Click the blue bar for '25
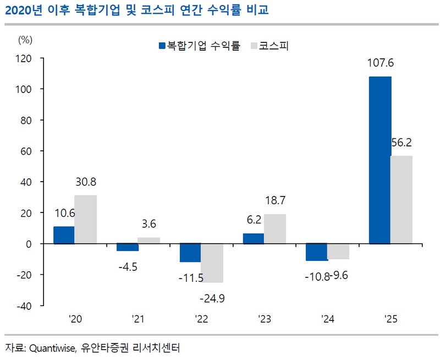point(380,160)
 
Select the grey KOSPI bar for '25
point(402,199)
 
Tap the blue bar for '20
point(64,234)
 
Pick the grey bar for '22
point(212,263)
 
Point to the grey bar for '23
point(275,228)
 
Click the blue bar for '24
point(317,252)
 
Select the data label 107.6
point(380,63)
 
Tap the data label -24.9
point(213,299)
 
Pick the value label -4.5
point(128,268)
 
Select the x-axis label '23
point(264,319)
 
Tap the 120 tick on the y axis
point(24,58)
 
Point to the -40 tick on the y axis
point(24,306)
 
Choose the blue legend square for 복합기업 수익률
point(162,46)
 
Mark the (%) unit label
point(26,39)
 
